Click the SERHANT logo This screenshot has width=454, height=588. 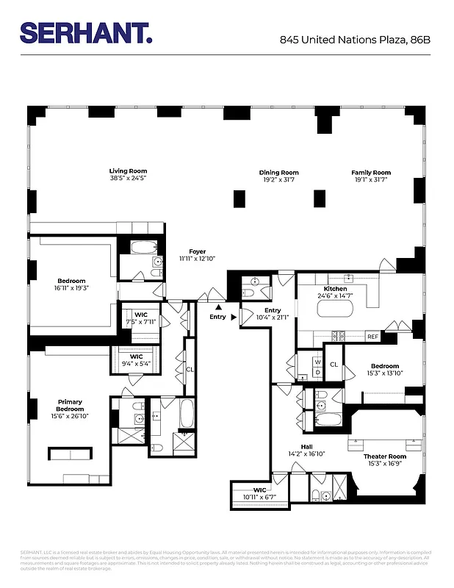click(x=85, y=33)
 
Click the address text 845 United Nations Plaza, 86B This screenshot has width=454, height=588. click(x=355, y=40)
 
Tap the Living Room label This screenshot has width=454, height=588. click(x=129, y=171)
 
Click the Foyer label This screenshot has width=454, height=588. click(x=197, y=251)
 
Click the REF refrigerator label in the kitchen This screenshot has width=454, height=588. click(x=372, y=337)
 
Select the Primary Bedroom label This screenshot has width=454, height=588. click(x=71, y=406)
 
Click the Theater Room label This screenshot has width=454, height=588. click(x=385, y=456)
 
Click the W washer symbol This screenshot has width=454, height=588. click(x=317, y=362)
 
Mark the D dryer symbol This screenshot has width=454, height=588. click(x=317, y=372)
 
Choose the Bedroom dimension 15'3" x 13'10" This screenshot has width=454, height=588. click(x=385, y=374)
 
